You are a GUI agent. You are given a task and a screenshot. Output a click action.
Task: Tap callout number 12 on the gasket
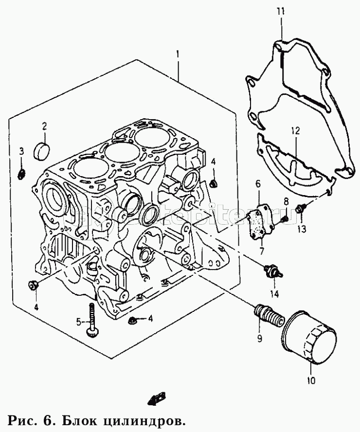coord(295,131)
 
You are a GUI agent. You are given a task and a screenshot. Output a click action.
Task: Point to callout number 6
coord(258,183)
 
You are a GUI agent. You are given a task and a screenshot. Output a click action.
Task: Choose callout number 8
coord(286,201)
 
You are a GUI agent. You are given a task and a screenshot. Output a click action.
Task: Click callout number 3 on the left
coord(21,151)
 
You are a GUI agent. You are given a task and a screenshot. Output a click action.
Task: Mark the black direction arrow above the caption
coord(156,399)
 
